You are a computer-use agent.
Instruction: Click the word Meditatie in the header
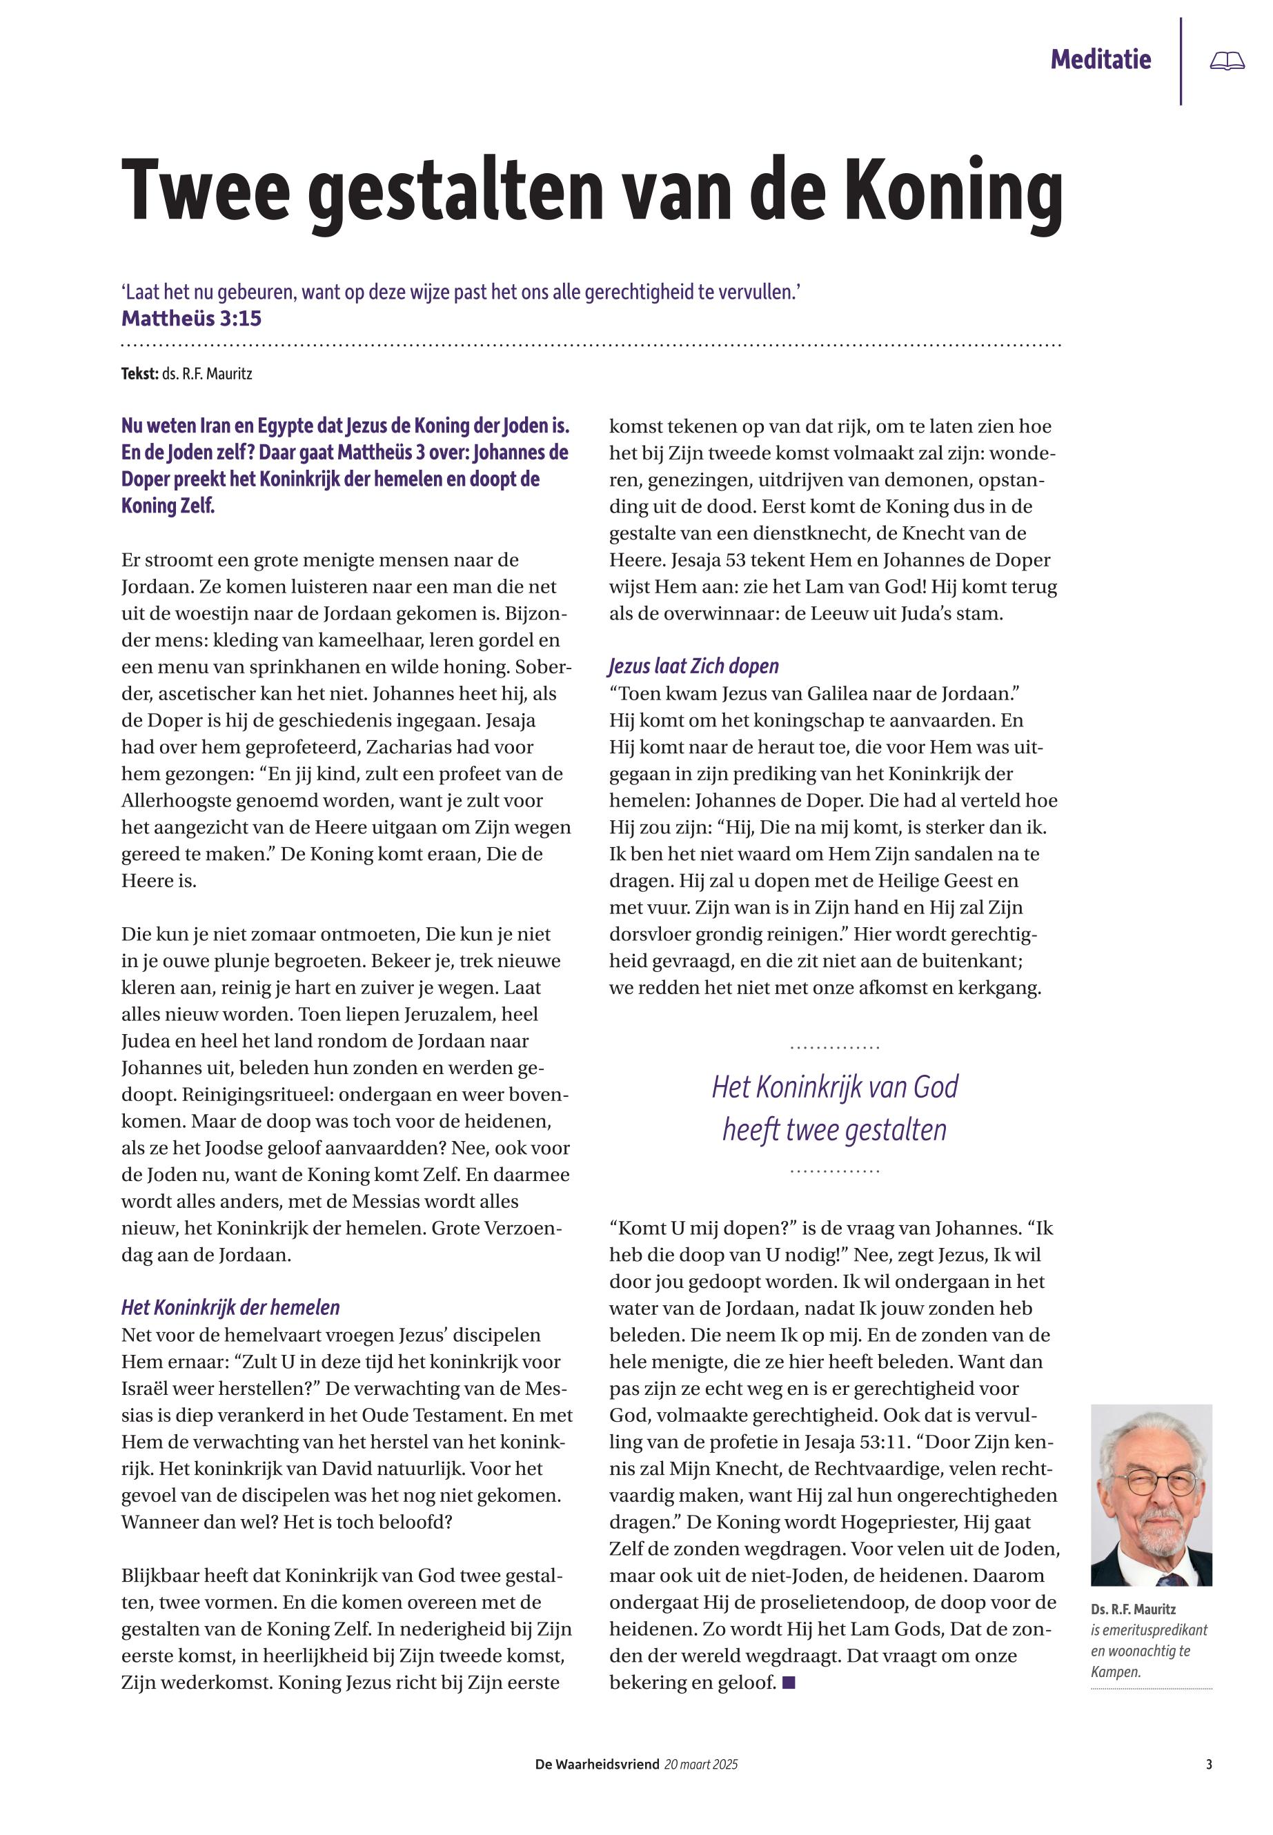tap(1100, 59)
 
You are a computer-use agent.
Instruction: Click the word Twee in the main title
tap(205, 191)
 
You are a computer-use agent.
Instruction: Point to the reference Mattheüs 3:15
tap(191, 318)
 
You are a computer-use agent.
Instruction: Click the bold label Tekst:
tap(139, 373)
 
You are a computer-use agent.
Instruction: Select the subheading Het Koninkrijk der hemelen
tap(230, 1307)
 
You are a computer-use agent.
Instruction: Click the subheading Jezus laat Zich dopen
tap(694, 666)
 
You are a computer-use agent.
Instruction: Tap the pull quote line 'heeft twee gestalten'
tap(834, 1130)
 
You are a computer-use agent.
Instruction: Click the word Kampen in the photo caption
tap(1114, 1672)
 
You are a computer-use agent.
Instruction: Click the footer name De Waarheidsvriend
tap(597, 1765)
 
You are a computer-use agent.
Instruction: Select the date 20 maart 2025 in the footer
tap(701, 1765)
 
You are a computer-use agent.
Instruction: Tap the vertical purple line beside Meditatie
tap(1181, 61)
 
